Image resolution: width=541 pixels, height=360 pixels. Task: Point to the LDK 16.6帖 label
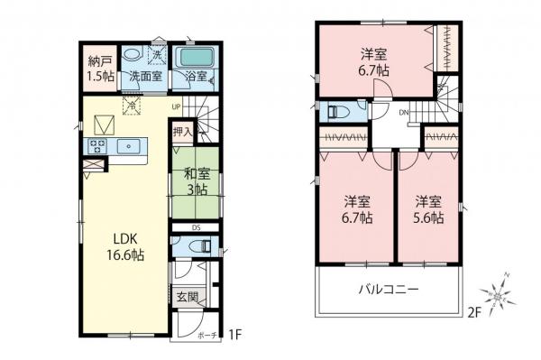[x=127, y=246]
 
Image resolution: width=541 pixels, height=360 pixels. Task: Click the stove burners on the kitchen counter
[x=98, y=145]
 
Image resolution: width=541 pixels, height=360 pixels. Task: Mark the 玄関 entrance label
[x=186, y=297]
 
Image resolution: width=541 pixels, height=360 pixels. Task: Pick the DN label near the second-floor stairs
[x=405, y=112]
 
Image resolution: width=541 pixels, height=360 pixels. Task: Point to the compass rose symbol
[x=498, y=293]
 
